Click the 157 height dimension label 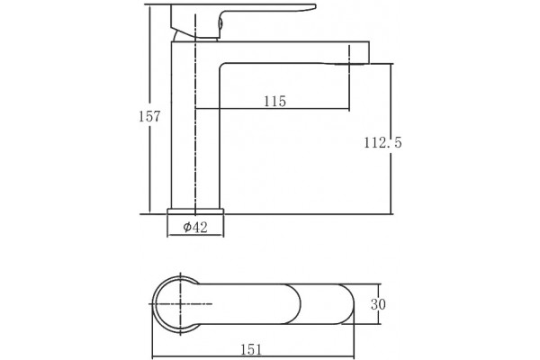(149, 116)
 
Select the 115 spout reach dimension (274, 102)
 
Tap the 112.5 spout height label (382, 142)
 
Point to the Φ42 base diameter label (195, 227)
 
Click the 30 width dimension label (378, 304)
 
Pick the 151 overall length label (251, 350)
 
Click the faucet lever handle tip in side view (314, 6)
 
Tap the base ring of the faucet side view (195, 211)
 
